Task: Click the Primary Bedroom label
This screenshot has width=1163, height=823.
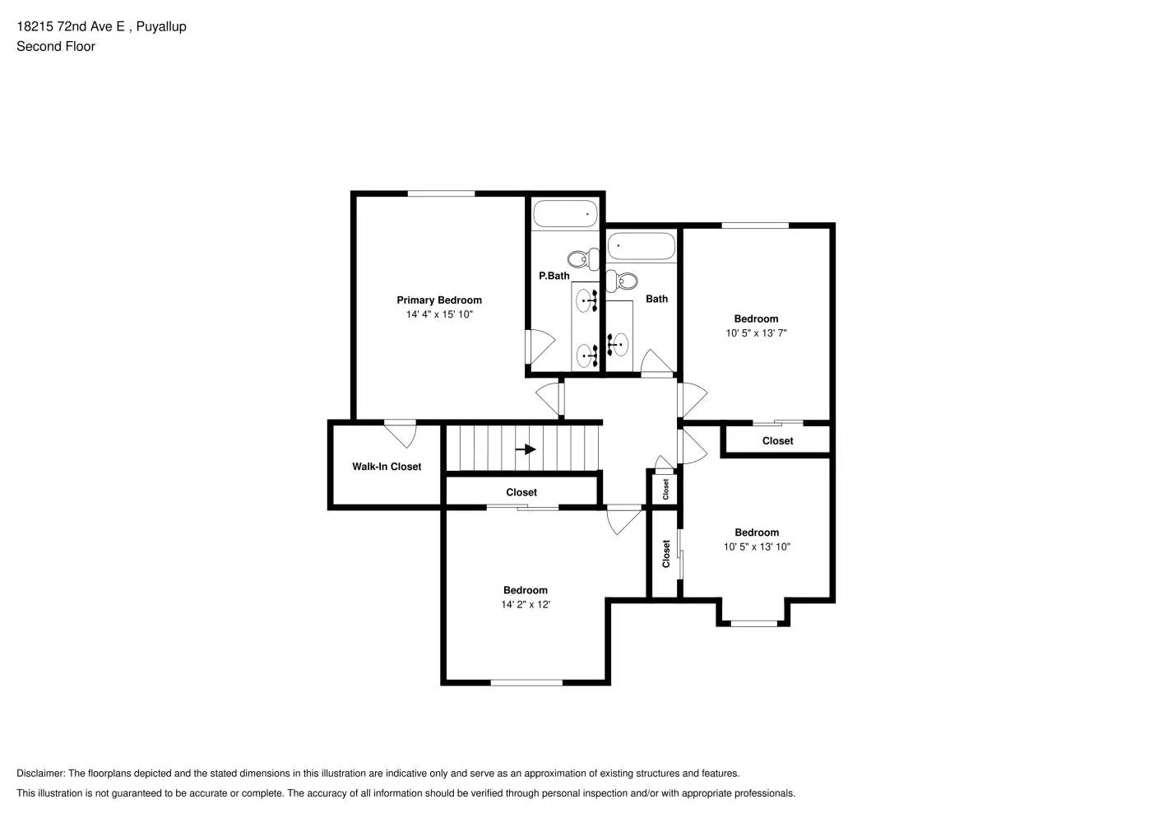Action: pyautogui.click(x=439, y=300)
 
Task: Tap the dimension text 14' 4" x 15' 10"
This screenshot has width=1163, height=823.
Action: pyautogui.click(x=439, y=314)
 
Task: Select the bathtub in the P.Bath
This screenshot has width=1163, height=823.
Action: pyautogui.click(x=566, y=214)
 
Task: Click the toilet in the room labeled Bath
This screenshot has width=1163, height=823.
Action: pyautogui.click(x=623, y=281)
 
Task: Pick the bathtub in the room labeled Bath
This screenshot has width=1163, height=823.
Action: pyautogui.click(x=641, y=245)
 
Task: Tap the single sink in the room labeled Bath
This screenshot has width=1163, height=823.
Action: pyautogui.click(x=618, y=344)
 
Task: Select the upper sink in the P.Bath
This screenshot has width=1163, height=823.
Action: pyautogui.click(x=586, y=300)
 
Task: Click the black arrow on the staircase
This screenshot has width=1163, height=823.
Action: pyautogui.click(x=526, y=449)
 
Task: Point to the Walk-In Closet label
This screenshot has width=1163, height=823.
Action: pyautogui.click(x=387, y=467)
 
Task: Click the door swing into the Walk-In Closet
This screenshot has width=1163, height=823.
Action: pyautogui.click(x=401, y=433)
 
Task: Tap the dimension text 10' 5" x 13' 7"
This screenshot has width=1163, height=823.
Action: pyautogui.click(x=756, y=333)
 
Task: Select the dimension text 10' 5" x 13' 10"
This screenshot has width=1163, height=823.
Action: pyautogui.click(x=757, y=546)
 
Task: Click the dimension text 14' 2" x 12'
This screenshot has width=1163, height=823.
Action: pyautogui.click(x=526, y=604)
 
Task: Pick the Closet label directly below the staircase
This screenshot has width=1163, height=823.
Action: pyautogui.click(x=521, y=492)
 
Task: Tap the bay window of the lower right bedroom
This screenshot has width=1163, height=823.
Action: pyautogui.click(x=753, y=622)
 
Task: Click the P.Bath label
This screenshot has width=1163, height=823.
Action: pyautogui.click(x=554, y=276)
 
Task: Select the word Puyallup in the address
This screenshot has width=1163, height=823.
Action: pyautogui.click(x=161, y=26)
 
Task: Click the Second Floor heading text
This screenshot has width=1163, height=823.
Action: pyautogui.click(x=56, y=46)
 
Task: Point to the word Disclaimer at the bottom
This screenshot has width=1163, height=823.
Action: pyautogui.click(x=40, y=774)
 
